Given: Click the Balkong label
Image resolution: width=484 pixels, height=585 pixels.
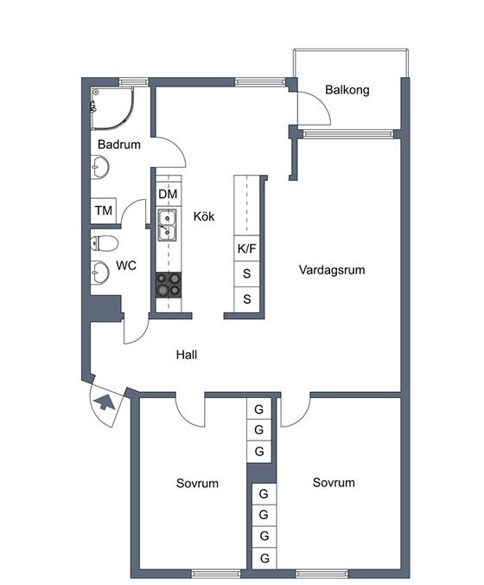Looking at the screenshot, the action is pos(347,90).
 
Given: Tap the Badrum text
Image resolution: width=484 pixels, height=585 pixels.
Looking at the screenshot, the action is pos(119,145).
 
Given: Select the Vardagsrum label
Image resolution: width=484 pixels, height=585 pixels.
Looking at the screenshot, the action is pos(332,270).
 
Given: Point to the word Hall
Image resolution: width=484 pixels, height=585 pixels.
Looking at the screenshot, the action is pos(187,355).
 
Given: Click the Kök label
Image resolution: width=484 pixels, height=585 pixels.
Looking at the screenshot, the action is pos(204,216).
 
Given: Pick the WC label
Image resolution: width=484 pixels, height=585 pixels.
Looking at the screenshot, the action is pos(126,266).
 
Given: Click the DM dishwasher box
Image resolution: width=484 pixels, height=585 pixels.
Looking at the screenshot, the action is pos(169,194).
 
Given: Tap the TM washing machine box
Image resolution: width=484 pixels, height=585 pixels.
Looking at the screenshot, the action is pos(104,210).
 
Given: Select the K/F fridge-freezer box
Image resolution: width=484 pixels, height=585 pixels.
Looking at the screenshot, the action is pos(246,248).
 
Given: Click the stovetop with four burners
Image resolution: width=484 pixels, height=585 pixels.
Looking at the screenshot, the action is pos(169,285).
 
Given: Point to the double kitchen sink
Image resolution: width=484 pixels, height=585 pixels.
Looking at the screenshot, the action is pos(167,225).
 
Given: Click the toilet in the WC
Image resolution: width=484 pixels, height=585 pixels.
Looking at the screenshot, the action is pos(104,243).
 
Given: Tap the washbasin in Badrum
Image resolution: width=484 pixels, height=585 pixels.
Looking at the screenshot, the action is pos(100,168).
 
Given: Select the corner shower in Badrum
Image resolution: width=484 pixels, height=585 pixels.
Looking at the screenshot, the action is pos(111,108).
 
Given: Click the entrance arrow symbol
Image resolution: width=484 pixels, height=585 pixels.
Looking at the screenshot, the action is pos(105,402).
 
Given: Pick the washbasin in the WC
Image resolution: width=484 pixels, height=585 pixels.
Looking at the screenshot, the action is pos(100,272).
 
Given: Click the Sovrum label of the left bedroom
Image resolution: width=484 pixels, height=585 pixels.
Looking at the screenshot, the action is pos(197,483).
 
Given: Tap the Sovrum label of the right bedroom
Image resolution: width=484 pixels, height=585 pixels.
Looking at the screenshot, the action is pos(334,482).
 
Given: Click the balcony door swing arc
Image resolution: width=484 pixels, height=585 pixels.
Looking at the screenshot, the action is pos(322,103).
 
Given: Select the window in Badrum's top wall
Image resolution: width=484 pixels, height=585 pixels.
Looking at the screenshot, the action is pos(133,81).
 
